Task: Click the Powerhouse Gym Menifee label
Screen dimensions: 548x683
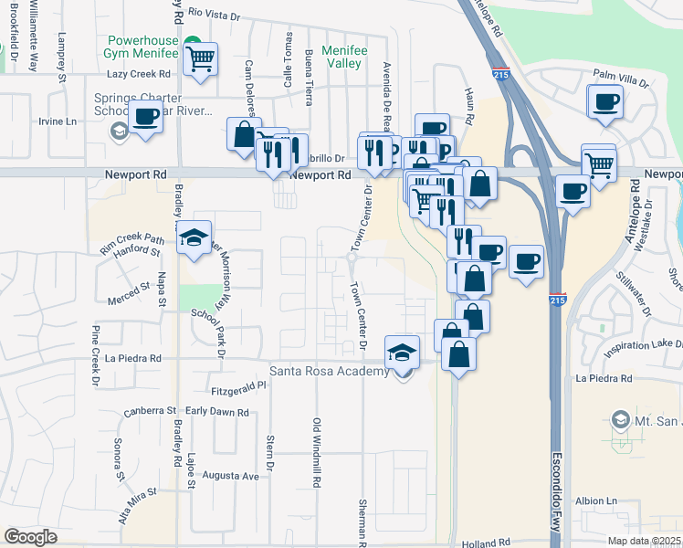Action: click(144, 48)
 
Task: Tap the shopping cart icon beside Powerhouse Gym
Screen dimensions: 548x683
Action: click(201, 59)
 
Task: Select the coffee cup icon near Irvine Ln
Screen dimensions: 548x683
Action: click(146, 117)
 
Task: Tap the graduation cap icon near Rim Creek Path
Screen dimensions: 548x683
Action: click(194, 238)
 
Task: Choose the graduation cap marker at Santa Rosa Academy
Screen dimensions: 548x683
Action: click(402, 353)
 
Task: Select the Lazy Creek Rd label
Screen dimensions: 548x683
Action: click(139, 73)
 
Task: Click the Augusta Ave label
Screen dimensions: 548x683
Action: click(237, 476)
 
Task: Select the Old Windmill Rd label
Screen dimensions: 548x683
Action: click(317, 452)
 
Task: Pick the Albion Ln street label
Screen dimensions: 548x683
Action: click(597, 501)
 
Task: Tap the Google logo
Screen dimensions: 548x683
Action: click(30, 537)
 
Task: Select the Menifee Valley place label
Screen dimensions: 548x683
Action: click(348, 58)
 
